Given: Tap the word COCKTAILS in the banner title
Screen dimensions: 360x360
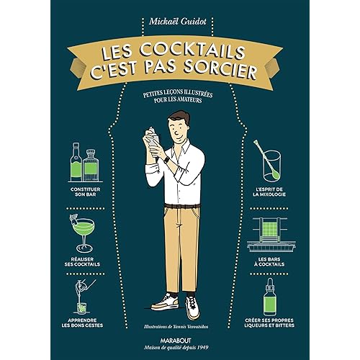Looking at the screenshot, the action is pos(192,51).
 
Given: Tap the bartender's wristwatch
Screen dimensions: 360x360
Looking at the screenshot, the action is pos(166,159).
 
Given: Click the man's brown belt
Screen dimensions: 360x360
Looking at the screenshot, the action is pos(182,206).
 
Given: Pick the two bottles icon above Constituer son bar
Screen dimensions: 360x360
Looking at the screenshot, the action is pos(84,163).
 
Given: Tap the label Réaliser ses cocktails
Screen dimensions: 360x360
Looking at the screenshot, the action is pos(82,262).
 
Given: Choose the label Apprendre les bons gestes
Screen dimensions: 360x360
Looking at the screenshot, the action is pos(82,323).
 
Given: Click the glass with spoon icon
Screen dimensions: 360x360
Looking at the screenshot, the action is pos(269,161).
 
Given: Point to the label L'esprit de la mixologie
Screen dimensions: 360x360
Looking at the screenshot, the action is pos(269,192).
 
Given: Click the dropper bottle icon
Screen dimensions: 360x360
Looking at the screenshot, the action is pos(270,297).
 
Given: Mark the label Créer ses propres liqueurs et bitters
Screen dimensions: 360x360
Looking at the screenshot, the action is pos(269,323).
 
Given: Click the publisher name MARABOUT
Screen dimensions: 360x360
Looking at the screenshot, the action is pos(176,341).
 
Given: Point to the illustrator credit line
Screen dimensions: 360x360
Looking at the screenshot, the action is pos(176,327).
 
